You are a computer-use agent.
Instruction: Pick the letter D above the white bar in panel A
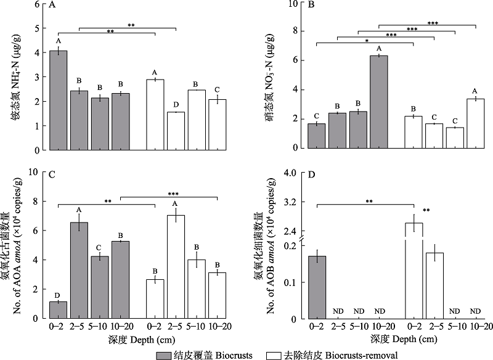coord(177,105)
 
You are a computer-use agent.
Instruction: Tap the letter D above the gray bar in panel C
coord(59,295)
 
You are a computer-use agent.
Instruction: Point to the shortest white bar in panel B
coord(455,138)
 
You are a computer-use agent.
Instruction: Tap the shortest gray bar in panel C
coord(59,311)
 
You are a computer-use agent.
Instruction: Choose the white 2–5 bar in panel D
coord(434,286)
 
